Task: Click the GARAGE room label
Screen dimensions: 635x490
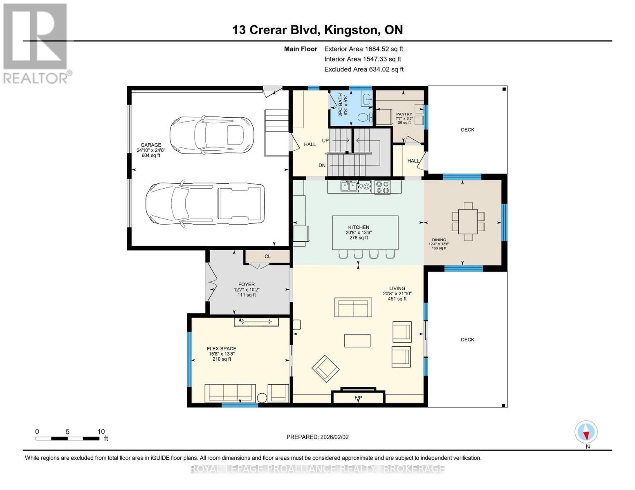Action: (x=151, y=145)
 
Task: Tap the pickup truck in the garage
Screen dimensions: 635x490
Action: (x=205, y=204)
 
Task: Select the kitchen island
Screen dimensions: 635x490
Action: (x=365, y=233)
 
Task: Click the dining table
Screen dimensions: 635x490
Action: (x=468, y=221)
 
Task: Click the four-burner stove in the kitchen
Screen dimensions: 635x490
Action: (x=382, y=187)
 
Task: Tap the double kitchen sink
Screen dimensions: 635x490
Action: (x=349, y=186)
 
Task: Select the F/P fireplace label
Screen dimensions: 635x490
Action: (x=358, y=397)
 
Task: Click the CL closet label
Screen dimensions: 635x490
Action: (x=267, y=256)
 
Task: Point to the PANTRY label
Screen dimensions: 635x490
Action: (x=404, y=114)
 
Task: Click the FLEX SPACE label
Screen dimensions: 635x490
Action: (x=222, y=348)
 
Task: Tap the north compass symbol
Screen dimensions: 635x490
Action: (x=586, y=432)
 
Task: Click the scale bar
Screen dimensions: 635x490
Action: (x=67, y=438)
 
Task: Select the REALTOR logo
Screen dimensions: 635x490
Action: (x=36, y=43)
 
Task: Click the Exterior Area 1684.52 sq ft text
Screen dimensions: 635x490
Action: (x=363, y=49)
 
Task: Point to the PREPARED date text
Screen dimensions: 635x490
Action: (x=317, y=437)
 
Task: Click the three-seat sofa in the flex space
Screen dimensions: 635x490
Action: (x=230, y=393)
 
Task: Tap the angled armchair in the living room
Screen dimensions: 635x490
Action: (x=325, y=369)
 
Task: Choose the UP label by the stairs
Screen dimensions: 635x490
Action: (x=325, y=140)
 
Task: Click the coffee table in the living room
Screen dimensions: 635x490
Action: (x=357, y=341)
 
